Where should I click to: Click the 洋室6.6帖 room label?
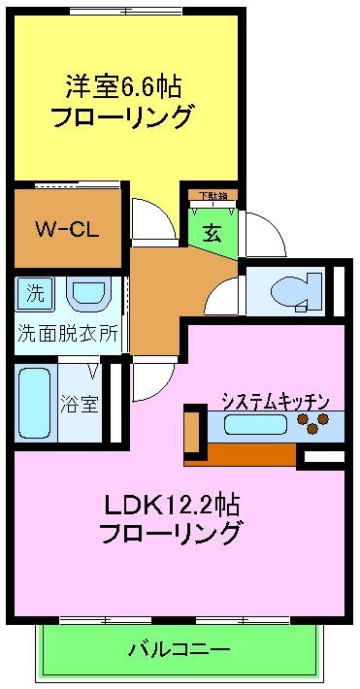coord(123,86)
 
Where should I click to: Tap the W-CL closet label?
coord(67,230)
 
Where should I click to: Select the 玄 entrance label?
coord(211,233)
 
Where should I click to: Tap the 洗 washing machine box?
coord(35,291)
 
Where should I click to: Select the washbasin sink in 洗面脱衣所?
coord(89,293)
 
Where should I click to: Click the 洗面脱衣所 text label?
coord(67,332)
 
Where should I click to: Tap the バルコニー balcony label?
coord(180,647)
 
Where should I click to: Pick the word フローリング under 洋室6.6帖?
coord(122,117)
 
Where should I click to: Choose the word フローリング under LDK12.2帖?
coord(172,533)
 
